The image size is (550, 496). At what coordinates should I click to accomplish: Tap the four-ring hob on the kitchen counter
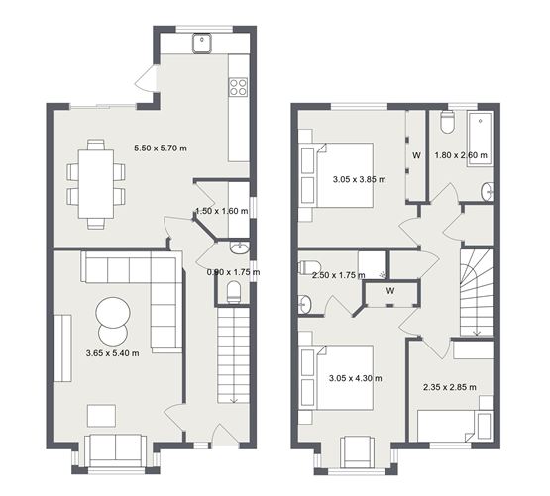(x=238, y=87)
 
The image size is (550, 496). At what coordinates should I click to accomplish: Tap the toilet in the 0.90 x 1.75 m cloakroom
(x=234, y=291)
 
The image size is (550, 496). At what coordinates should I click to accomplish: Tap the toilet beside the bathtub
(x=446, y=123)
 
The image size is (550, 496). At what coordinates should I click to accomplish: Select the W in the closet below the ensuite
(x=392, y=291)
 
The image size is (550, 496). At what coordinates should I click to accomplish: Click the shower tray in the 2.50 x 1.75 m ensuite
(x=374, y=262)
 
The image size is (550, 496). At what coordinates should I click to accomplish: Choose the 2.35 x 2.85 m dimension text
(x=448, y=387)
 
